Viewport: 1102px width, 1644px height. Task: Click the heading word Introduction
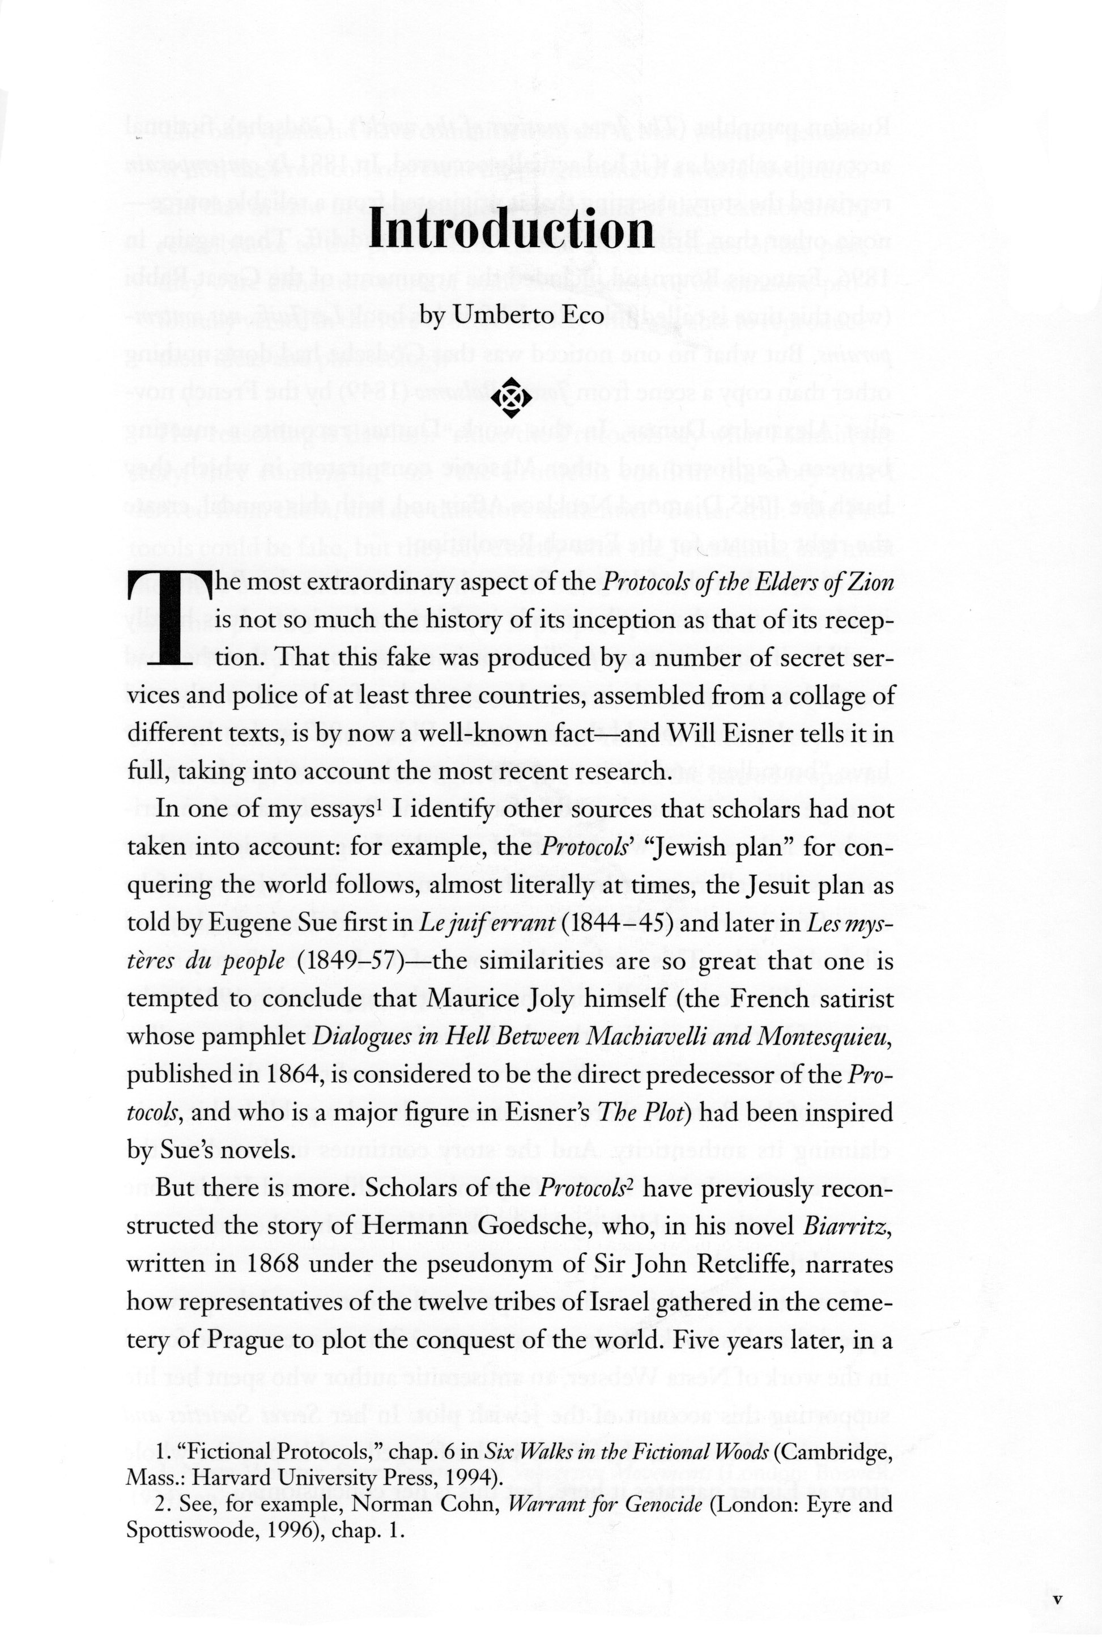click(512, 229)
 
